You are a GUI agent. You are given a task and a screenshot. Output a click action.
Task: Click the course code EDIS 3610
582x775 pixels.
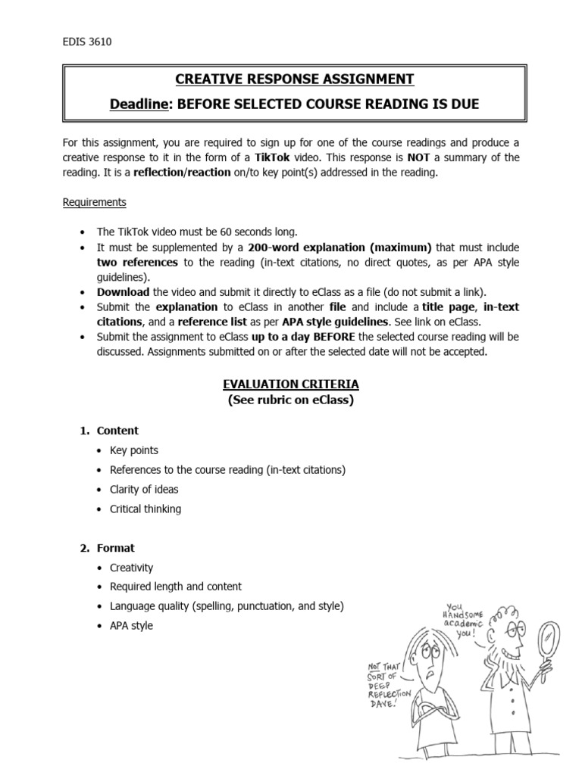click(87, 42)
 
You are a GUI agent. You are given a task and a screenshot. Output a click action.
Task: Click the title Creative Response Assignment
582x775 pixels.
click(295, 79)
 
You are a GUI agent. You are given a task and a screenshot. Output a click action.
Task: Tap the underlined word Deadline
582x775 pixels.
click(139, 104)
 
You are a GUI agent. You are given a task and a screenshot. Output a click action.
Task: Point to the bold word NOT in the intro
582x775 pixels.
click(418, 157)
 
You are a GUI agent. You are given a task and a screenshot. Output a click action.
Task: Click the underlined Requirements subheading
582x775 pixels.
click(94, 202)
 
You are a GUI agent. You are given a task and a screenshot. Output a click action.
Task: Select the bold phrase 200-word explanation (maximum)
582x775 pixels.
click(339, 247)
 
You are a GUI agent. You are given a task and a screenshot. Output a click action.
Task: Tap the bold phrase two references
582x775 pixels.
click(137, 262)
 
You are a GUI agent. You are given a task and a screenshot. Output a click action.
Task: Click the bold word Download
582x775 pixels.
click(123, 292)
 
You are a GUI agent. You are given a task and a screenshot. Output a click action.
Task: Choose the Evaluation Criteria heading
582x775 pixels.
click(291, 384)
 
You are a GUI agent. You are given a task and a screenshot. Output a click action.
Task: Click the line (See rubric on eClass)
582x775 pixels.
click(291, 400)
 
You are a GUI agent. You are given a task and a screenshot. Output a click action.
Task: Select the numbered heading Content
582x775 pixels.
click(117, 431)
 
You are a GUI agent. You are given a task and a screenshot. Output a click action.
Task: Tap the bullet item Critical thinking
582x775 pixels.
click(145, 509)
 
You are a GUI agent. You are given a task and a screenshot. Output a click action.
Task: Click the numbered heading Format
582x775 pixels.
click(115, 548)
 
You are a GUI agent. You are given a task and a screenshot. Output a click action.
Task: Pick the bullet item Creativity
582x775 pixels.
click(131, 567)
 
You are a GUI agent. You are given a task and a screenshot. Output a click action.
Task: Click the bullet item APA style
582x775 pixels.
click(131, 626)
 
